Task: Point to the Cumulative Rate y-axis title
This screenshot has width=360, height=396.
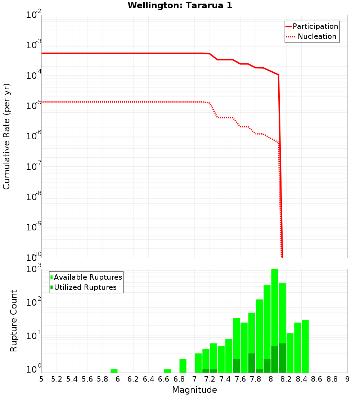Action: pos(6,136)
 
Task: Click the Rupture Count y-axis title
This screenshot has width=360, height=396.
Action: pos(13,320)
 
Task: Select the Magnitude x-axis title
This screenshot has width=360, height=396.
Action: pos(194,390)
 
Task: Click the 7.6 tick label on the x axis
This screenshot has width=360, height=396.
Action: pos(240,379)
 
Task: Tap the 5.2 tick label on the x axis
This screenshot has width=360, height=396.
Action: pos(57,379)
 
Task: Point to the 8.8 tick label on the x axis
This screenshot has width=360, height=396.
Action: pos(332,379)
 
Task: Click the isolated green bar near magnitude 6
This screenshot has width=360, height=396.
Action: pos(114,371)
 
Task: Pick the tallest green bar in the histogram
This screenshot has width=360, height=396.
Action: pos(275,320)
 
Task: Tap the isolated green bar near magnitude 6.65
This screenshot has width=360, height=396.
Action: pos(167,371)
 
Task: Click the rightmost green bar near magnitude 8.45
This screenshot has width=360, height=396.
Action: pos(305,346)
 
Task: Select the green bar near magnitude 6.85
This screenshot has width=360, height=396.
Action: pos(183,366)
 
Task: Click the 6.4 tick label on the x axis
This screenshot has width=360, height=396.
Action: pos(148,379)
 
